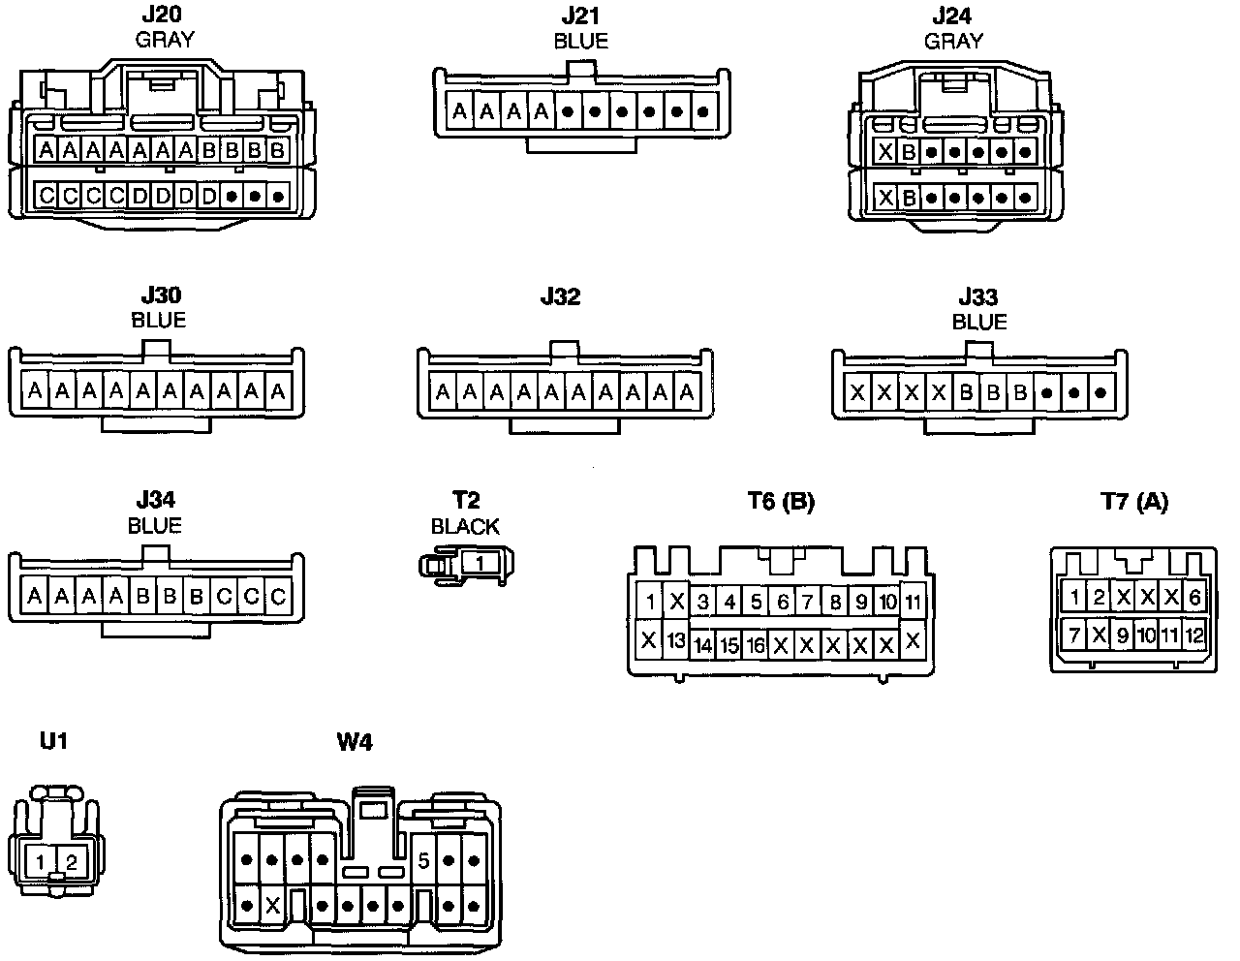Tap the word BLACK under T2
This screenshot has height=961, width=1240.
(465, 526)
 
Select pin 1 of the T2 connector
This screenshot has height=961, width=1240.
(480, 561)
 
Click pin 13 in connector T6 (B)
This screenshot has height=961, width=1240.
(676, 640)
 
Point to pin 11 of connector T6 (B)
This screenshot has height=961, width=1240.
(913, 602)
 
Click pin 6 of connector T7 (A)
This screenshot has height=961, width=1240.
(1194, 598)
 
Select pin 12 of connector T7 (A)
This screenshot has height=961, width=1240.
(1194, 636)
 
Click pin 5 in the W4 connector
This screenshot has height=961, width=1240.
(423, 859)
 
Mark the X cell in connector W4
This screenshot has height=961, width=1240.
(272, 907)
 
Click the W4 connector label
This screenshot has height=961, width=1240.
(355, 743)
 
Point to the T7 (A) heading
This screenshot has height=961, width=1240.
(1134, 501)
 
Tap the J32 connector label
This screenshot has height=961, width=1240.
(560, 297)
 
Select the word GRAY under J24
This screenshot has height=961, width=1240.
(953, 41)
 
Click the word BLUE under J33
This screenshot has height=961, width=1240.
(979, 322)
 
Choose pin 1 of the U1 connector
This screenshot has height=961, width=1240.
(40, 861)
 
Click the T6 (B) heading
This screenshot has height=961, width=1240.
(781, 501)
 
